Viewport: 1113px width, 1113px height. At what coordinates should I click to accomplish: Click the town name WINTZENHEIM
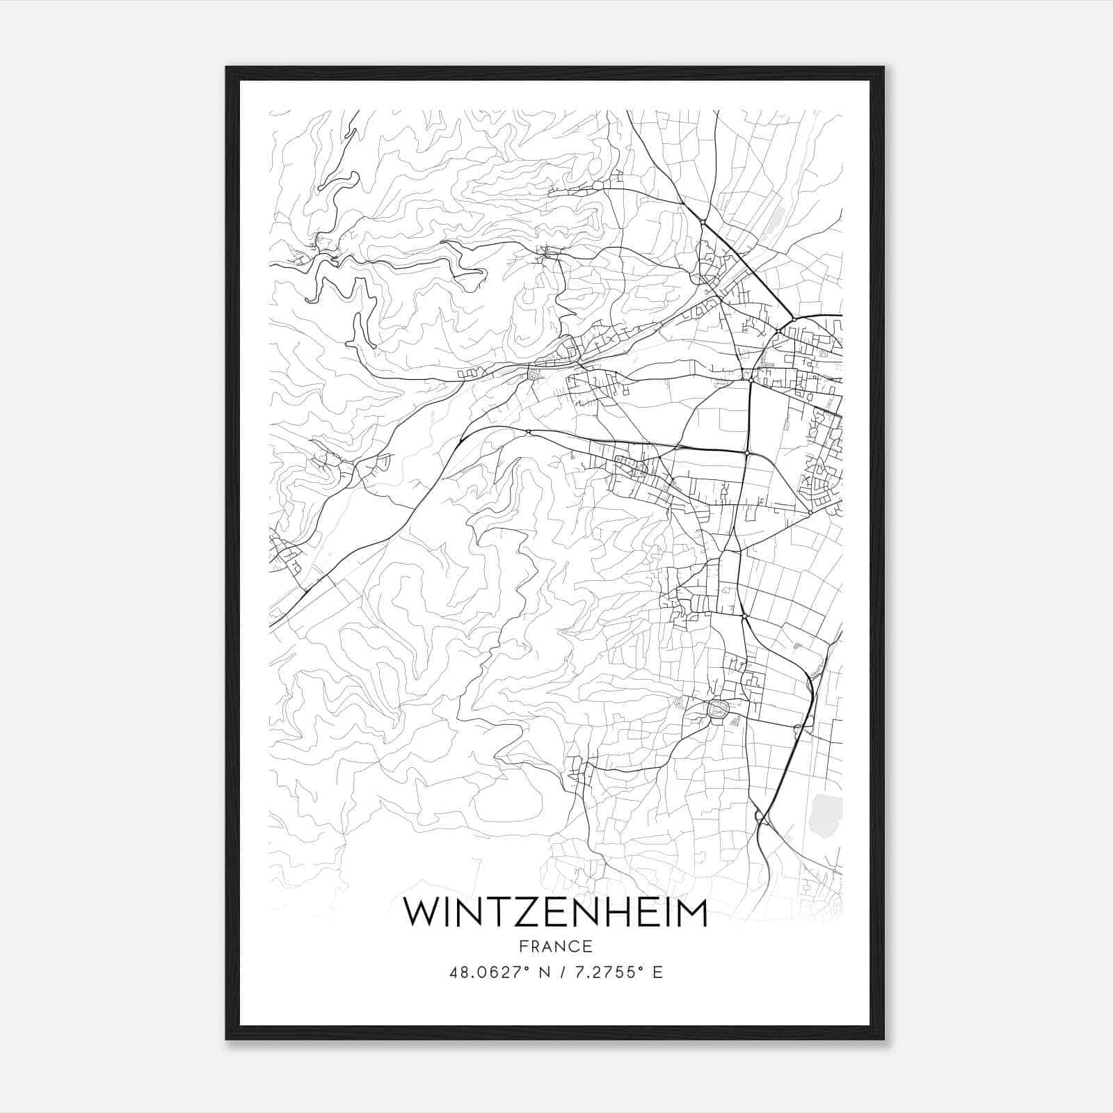pos(556,913)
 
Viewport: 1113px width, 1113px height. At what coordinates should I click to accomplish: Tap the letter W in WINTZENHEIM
pos(422,913)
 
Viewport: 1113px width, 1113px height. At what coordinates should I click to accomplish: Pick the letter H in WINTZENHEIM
pos(624,913)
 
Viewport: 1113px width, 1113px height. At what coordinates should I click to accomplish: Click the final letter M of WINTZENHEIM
pos(691,913)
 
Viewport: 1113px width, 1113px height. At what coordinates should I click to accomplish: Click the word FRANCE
pos(556,946)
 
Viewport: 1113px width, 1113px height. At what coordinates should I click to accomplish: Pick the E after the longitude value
pos(657,972)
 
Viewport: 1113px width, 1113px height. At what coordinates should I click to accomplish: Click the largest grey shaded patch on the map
pos(826,817)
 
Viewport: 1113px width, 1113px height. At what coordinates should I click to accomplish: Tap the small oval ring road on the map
pos(716,709)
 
